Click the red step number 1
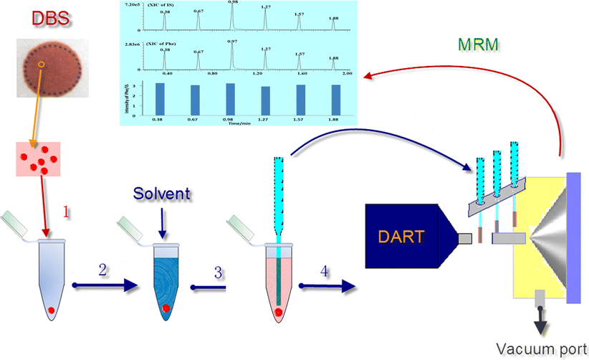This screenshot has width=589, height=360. (67, 212)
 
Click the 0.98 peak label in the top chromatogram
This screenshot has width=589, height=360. (232, 3)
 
